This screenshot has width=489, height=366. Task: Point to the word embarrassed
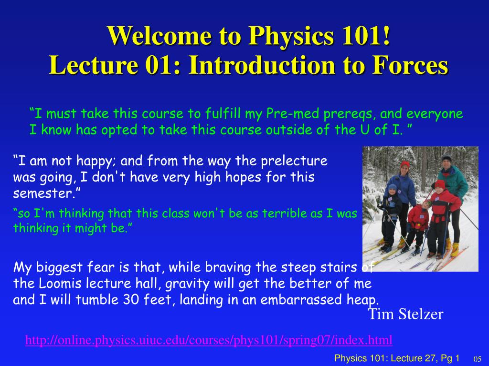click(294, 300)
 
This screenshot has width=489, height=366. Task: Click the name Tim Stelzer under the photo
click(405, 315)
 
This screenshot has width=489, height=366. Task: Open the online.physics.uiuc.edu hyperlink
click(209, 340)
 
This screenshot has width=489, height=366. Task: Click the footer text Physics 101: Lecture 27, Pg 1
click(397, 358)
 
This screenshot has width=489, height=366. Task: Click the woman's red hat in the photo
click(405, 165)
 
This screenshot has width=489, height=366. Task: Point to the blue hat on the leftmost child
click(392, 187)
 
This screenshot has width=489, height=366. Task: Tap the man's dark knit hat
click(446, 160)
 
